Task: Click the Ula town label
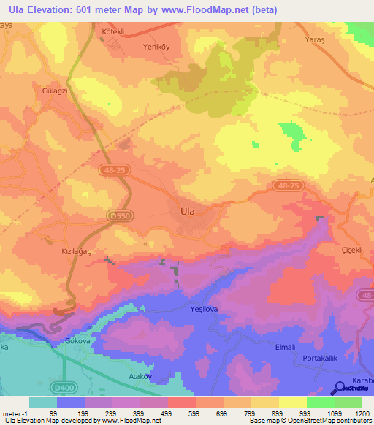click(x=187, y=211)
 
